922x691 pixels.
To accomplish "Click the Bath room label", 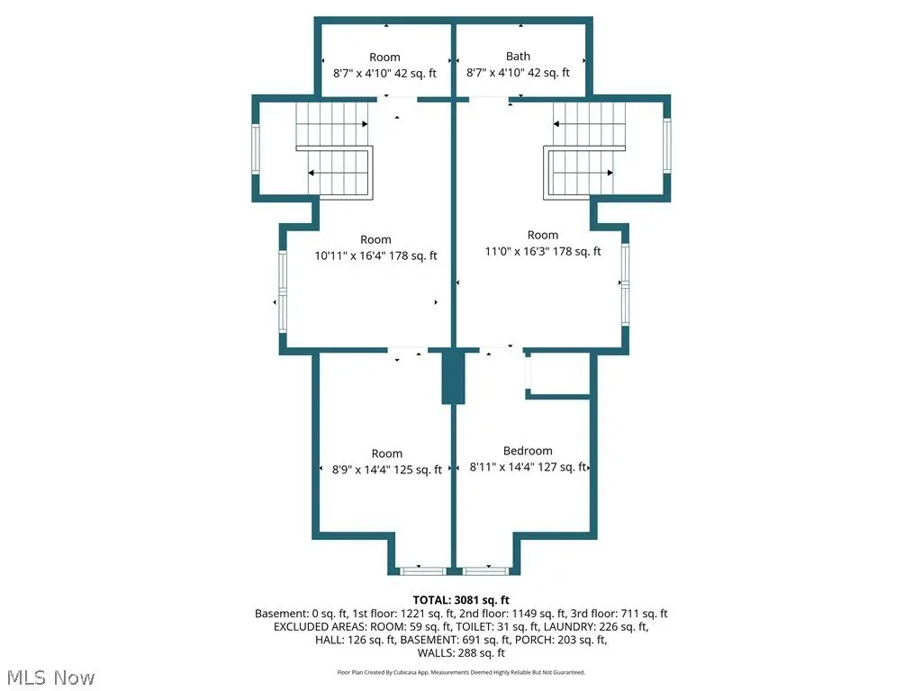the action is point(518,57).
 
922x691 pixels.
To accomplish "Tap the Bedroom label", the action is point(528,451).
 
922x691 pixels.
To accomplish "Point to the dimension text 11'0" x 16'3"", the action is point(518,252).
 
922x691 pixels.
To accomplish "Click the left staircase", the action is point(334,149).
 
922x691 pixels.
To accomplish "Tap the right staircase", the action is point(583,149).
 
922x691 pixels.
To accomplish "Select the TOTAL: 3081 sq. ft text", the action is point(461,600).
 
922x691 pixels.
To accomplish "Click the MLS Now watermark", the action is point(50,678).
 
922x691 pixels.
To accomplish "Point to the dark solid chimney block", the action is point(454,377).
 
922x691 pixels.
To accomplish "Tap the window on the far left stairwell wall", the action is point(256,148).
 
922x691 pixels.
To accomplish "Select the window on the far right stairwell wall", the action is point(667,145).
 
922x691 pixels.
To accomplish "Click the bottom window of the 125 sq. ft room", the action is point(423,570).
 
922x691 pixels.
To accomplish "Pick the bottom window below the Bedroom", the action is point(485,570).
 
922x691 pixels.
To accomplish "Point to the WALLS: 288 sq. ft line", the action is point(461,653).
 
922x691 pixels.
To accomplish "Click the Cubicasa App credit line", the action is point(461,672).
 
